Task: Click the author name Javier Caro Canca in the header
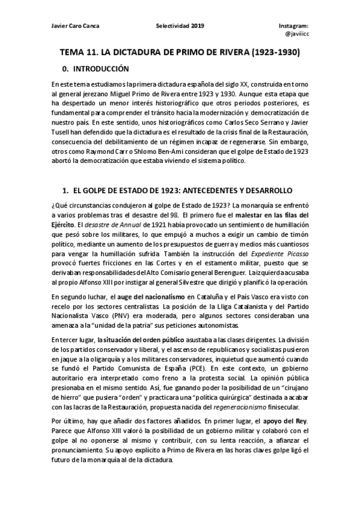pyautogui.click(x=74, y=26)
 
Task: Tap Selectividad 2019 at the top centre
pyautogui.click(x=180, y=26)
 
